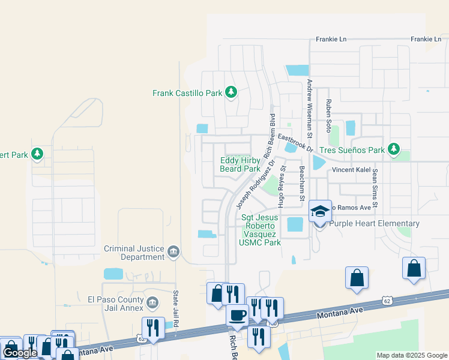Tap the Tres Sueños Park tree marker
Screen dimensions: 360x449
(394, 149)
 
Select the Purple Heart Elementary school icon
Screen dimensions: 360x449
(320, 211)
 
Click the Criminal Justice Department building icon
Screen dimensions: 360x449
(173, 251)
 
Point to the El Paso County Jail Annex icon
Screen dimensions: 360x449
(152, 301)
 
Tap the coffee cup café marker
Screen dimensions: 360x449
(237, 315)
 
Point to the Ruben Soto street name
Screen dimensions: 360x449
(328, 116)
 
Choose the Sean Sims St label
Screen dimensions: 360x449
(375, 188)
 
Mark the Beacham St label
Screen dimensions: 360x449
(303, 183)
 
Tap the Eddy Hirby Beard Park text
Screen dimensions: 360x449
(240, 164)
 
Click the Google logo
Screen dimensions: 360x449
(20, 352)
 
